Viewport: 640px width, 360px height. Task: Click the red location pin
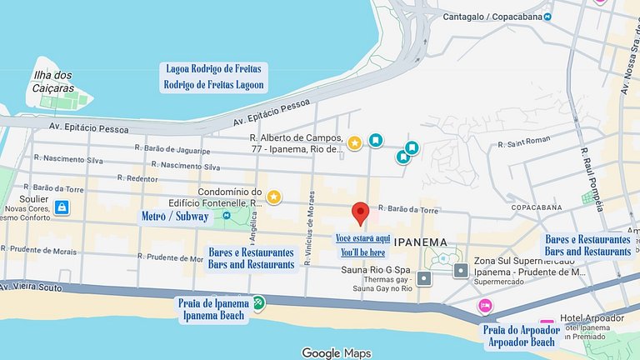[360, 213]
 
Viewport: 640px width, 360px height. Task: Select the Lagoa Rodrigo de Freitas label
[214, 69]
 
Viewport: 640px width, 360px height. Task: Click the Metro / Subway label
[175, 217]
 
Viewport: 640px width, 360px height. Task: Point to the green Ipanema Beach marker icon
[258, 302]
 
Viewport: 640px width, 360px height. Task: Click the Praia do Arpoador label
[522, 330]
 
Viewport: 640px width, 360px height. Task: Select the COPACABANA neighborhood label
[532, 207]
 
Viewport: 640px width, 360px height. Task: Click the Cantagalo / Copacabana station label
[491, 16]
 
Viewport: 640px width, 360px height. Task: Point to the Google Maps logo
[336, 353]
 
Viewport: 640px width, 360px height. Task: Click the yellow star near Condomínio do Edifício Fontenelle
[273, 197]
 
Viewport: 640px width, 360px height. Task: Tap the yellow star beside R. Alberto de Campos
[354, 142]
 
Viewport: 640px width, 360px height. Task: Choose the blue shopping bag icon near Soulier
[61, 207]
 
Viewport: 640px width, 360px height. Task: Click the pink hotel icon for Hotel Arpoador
[547, 325]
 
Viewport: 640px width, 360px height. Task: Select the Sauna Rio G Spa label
[375, 271]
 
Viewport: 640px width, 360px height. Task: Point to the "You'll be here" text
[363, 252]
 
